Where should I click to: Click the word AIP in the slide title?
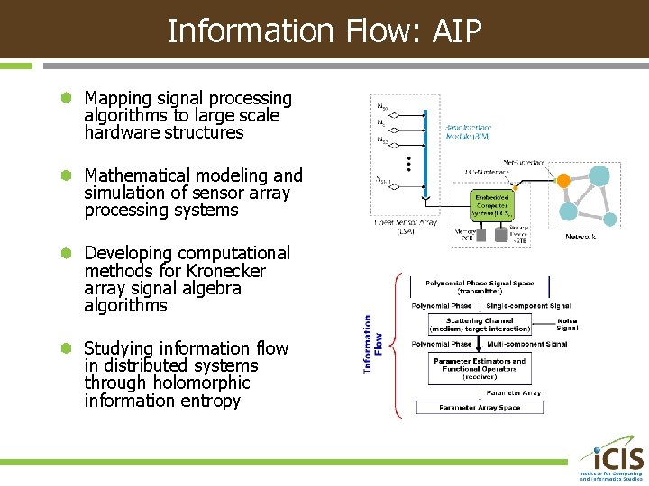[x=457, y=31]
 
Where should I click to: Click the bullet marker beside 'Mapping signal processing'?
[x=65, y=98]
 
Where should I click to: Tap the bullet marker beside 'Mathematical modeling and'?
[x=65, y=175]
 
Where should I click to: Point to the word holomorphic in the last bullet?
[x=202, y=382]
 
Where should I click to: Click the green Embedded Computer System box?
[x=492, y=205]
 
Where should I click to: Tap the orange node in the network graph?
[x=562, y=181]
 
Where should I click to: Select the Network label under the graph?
[x=580, y=237]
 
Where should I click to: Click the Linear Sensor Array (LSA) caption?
[x=405, y=226]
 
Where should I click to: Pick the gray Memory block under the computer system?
[x=467, y=235]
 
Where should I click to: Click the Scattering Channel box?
[x=480, y=324]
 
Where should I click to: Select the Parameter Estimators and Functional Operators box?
[x=480, y=367]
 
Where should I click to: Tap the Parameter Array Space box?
[x=480, y=408]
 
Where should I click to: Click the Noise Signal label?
[x=567, y=324]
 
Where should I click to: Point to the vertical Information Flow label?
[x=373, y=343]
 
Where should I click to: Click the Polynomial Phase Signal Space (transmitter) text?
[x=480, y=287]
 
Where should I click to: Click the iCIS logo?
[x=611, y=459]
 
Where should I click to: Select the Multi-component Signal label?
[x=527, y=344]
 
